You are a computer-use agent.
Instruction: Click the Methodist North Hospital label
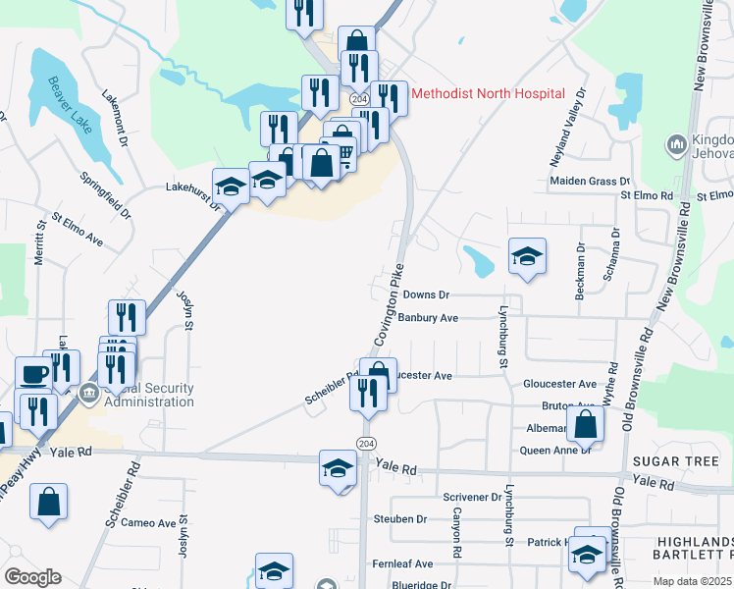[488, 93]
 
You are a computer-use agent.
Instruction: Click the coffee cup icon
[34, 375]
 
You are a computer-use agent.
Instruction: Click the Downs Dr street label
[425, 294]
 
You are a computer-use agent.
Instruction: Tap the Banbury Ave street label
[429, 318]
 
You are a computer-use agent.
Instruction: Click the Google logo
[33, 577]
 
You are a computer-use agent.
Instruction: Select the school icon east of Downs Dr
[527, 257]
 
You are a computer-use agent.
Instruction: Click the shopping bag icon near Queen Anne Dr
[585, 424]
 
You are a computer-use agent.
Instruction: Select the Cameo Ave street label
[148, 523]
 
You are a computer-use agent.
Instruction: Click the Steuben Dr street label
[400, 518]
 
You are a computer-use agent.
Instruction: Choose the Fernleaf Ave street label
[402, 563]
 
